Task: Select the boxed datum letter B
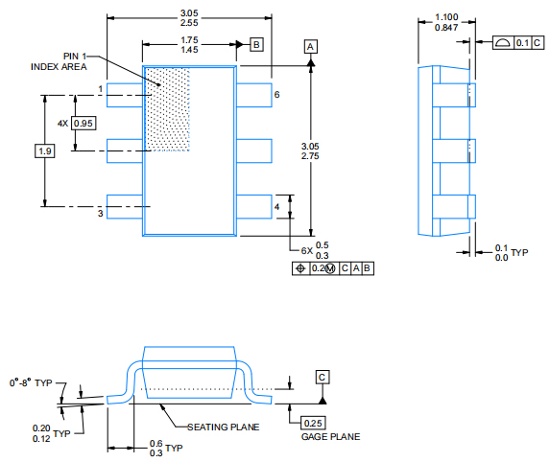pos(255,44)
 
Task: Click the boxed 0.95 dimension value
pos(84,124)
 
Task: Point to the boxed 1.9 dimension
pos(44,150)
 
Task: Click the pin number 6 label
pos(276,95)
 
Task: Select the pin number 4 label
pos(276,206)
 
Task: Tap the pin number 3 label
pos(99,213)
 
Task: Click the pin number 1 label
pos(99,89)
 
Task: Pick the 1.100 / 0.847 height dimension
pos(446,23)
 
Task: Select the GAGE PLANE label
pos(331,436)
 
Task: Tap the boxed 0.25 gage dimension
pos(313,423)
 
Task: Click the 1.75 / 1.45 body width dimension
pos(189,44)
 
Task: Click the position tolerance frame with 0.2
pos(332,268)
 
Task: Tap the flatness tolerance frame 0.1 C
pos(511,43)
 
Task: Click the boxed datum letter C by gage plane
pos(323,376)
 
